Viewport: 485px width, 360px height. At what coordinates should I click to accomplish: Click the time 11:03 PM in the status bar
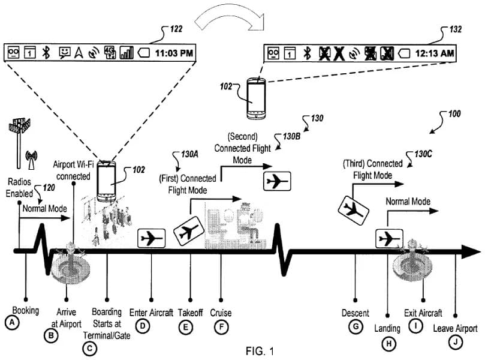[174, 53]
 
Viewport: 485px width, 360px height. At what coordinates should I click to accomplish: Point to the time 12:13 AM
[435, 53]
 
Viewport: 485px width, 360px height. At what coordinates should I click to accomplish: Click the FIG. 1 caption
[263, 350]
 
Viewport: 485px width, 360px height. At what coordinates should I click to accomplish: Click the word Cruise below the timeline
[221, 313]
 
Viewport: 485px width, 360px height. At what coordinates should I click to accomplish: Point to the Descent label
[355, 313]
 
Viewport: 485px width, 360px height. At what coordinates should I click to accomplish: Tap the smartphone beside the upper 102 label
[258, 98]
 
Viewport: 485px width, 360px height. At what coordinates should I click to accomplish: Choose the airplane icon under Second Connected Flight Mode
[277, 181]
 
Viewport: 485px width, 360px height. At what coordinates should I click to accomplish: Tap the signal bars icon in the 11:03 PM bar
[126, 53]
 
